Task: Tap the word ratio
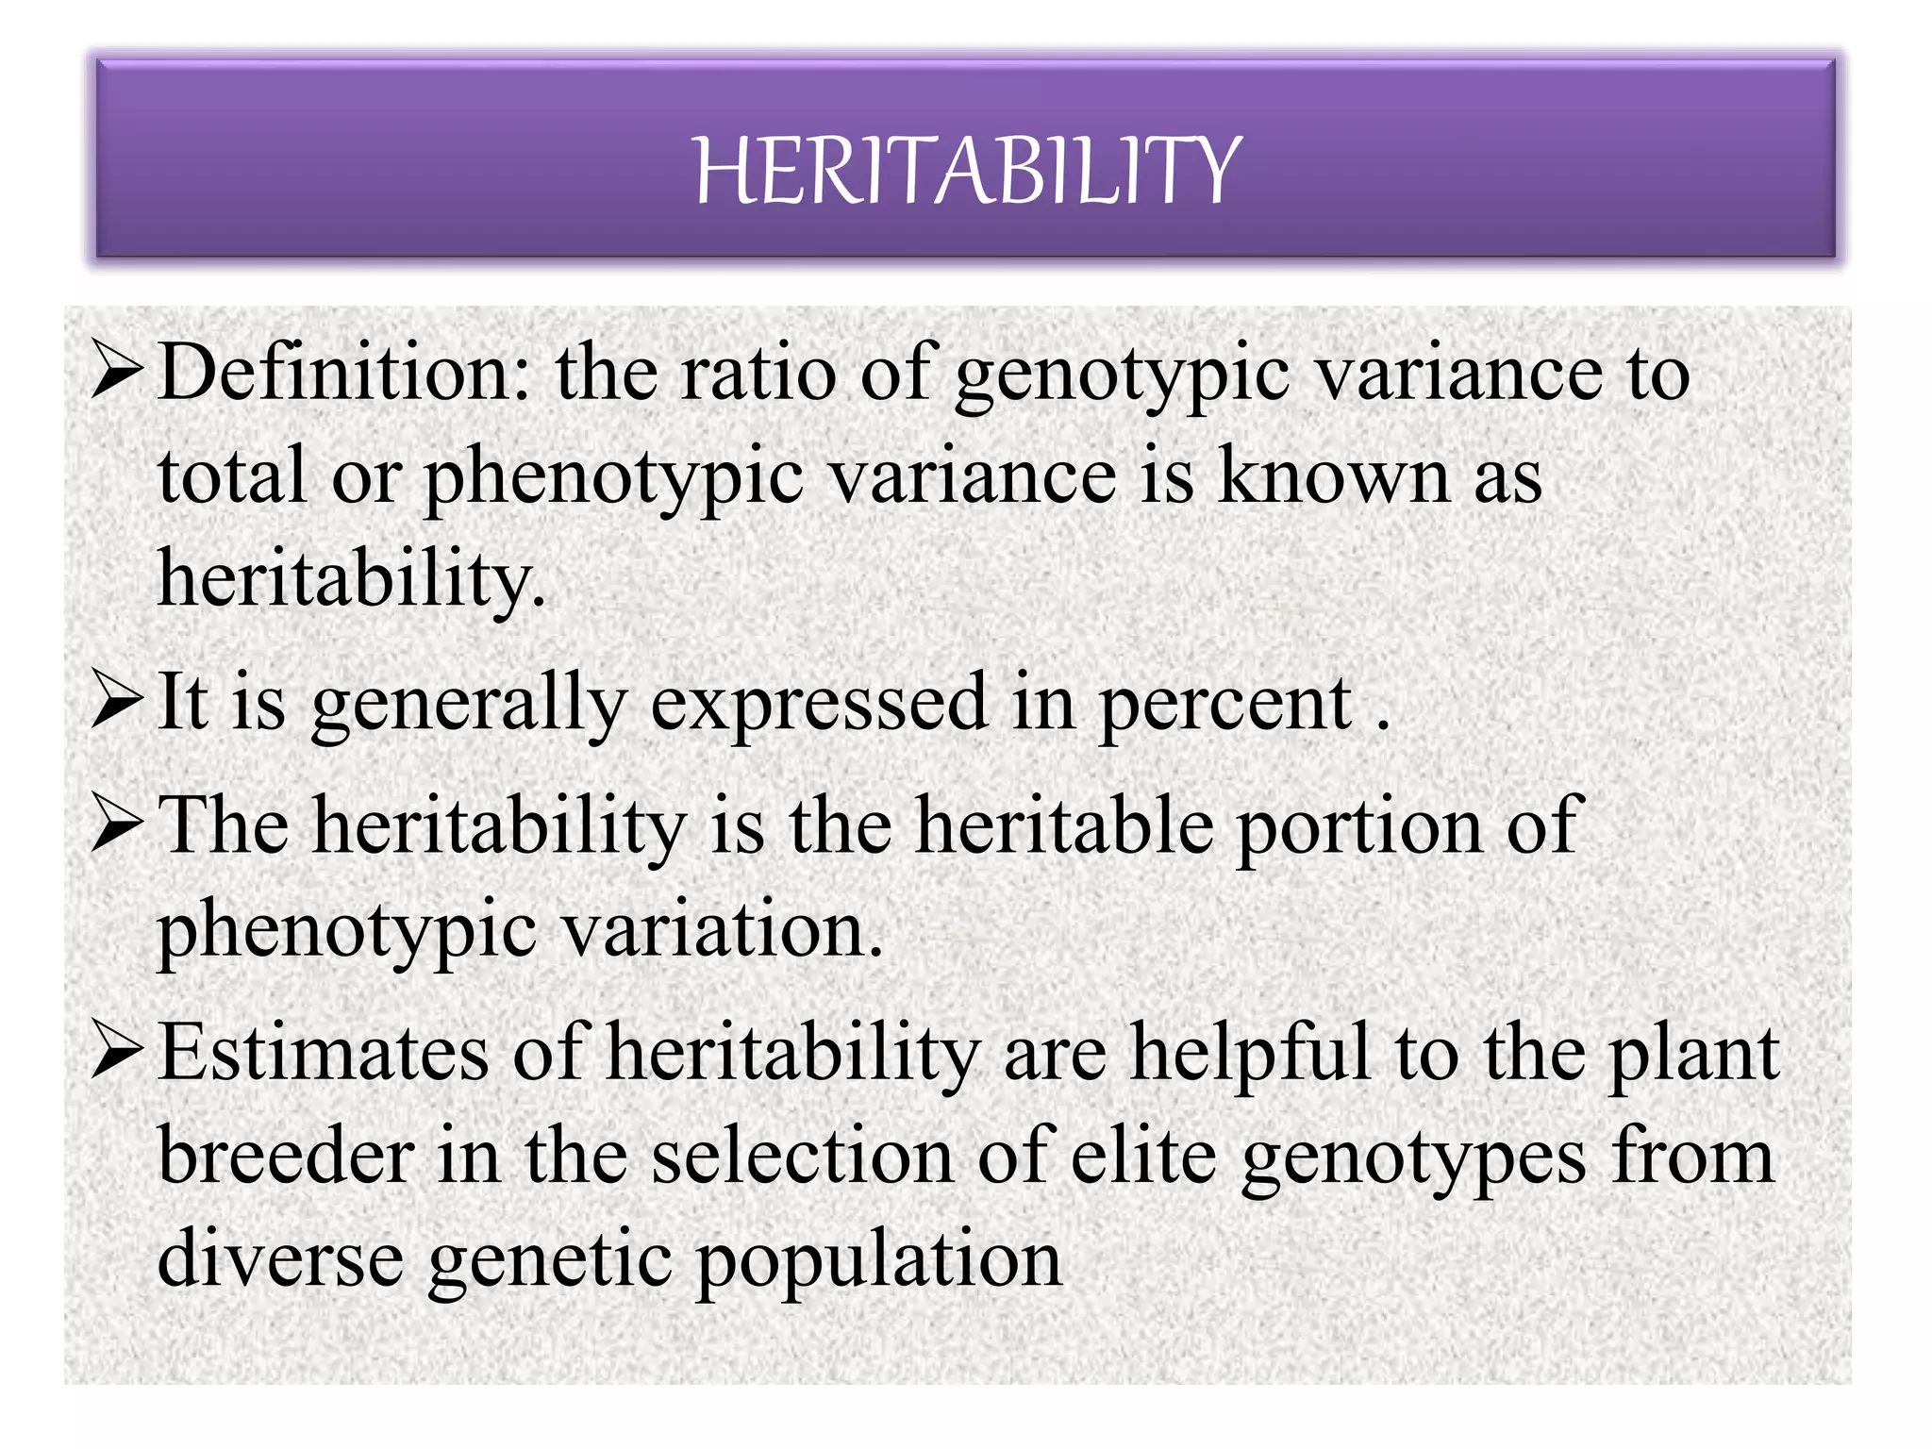[x=758, y=374]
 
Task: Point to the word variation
[x=723, y=930]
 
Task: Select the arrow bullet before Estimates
[x=118, y=1054]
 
